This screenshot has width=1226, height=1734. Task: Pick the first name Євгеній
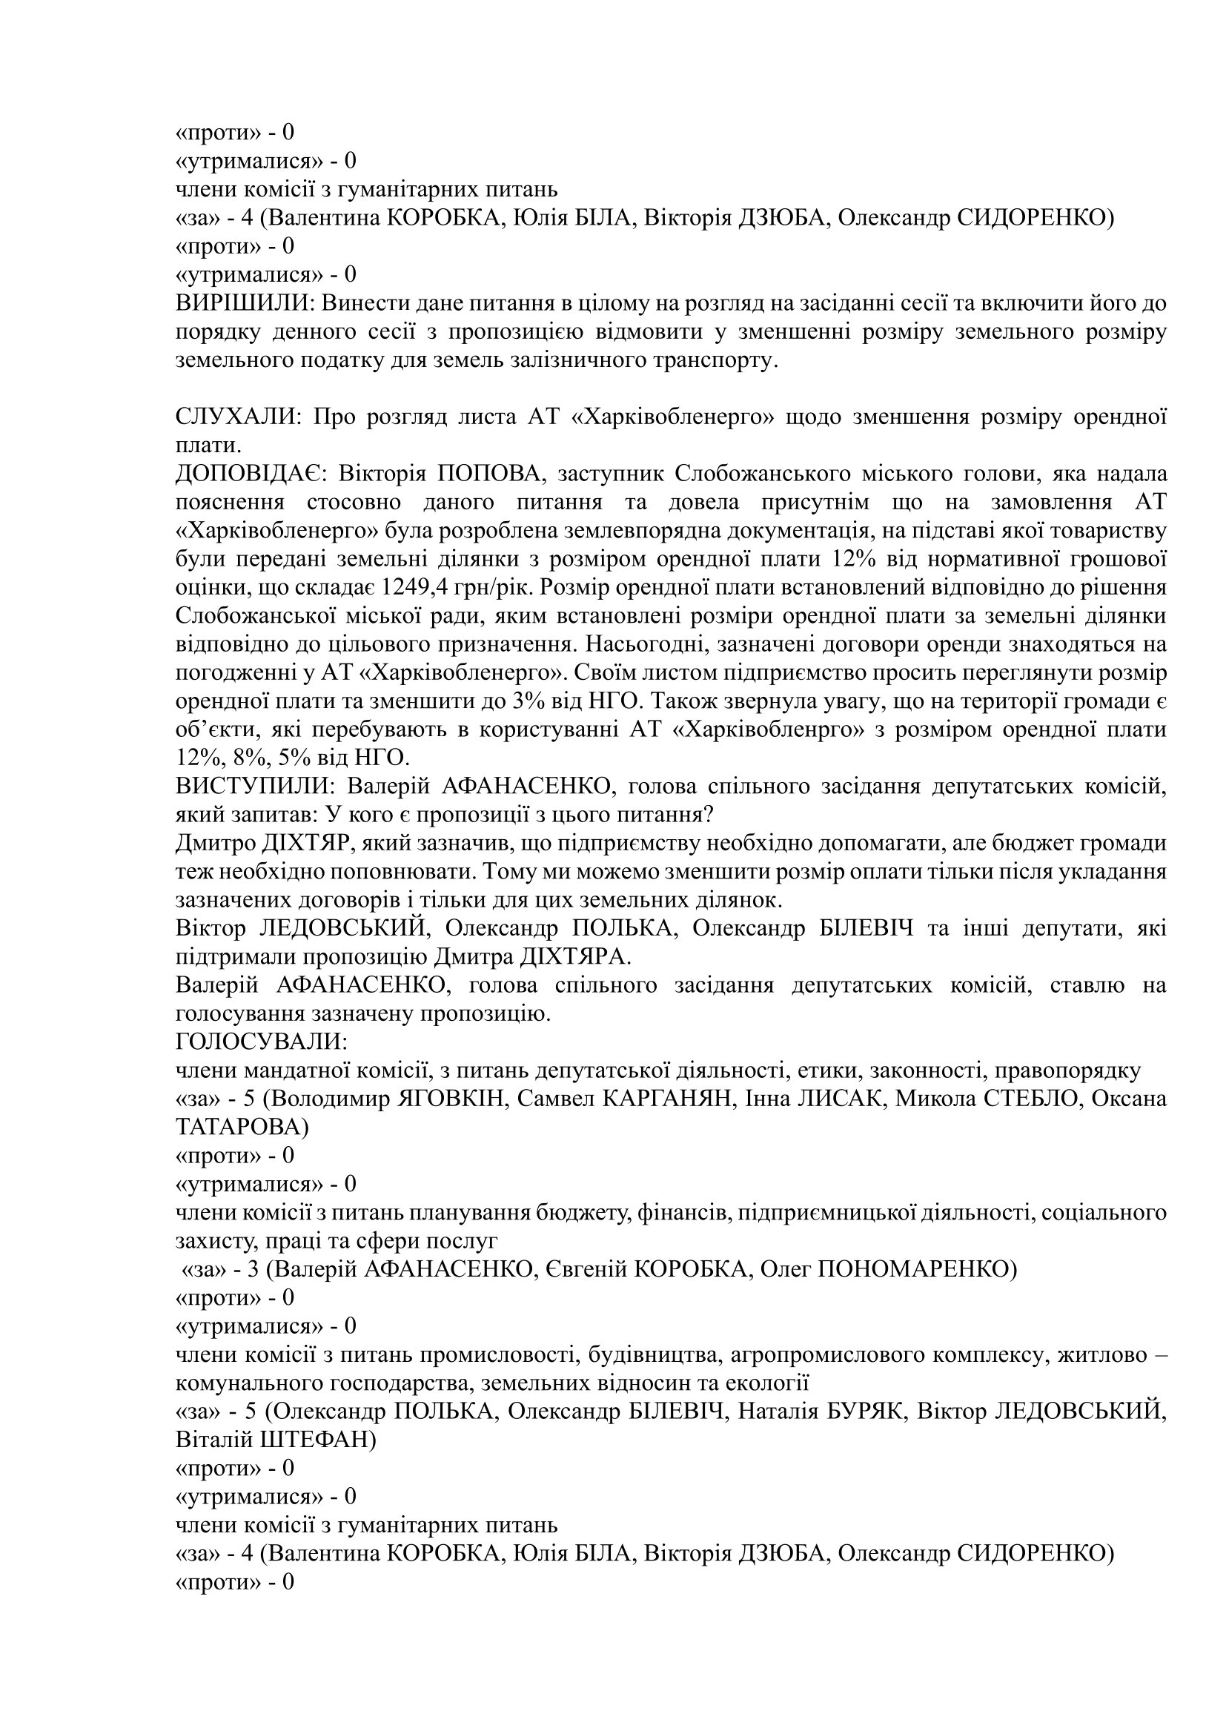[x=585, y=1269]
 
